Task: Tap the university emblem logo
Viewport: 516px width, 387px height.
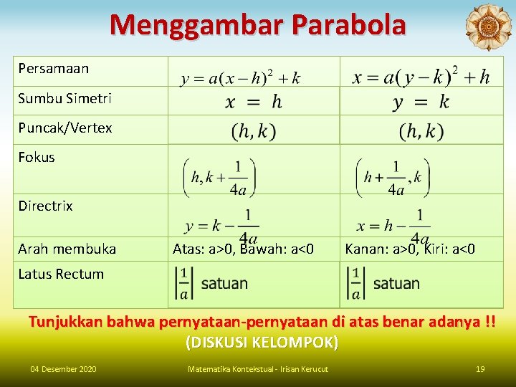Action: (488, 27)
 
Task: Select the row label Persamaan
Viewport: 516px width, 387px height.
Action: (53, 69)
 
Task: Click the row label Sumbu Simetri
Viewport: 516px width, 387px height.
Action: (64, 98)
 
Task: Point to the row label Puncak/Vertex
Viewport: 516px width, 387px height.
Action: (65, 128)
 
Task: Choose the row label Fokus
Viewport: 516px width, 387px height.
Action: (37, 157)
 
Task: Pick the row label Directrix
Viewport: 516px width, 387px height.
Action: (45, 206)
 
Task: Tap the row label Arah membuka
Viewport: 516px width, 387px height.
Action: (67, 249)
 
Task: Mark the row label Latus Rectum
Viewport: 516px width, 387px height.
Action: (61, 274)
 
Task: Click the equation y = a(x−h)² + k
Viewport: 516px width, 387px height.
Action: (241, 77)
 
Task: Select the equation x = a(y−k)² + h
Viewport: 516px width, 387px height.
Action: (421, 76)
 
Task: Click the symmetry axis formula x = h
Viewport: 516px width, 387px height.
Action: (254, 102)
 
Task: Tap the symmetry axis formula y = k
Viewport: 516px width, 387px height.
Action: (421, 102)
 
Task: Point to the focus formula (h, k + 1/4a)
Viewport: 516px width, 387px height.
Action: (219, 177)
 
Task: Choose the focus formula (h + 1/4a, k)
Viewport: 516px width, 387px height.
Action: (393, 177)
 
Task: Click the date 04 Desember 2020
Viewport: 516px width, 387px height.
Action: (63, 369)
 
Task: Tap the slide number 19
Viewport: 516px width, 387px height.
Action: (480, 369)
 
